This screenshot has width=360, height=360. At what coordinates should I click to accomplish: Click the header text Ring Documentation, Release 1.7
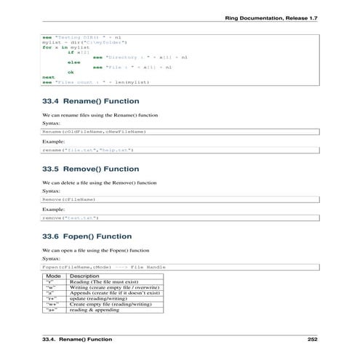[x=276, y=15]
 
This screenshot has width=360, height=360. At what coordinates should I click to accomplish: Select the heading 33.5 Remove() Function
[x=92, y=169]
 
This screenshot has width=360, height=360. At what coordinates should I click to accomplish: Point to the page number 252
[x=312, y=339]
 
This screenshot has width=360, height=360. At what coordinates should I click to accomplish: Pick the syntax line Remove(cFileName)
[x=69, y=199]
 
